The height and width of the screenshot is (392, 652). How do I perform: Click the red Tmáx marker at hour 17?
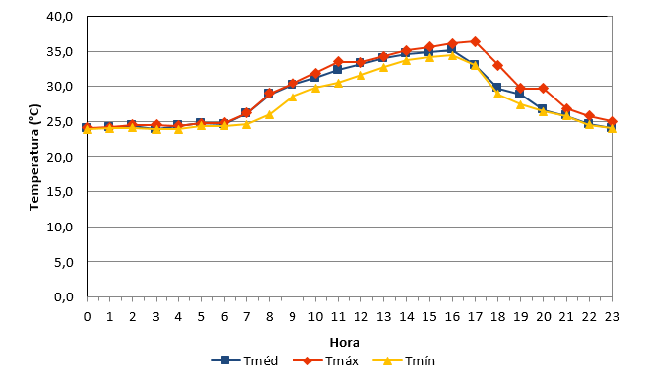[476, 41]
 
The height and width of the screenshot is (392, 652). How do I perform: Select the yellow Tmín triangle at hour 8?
[270, 114]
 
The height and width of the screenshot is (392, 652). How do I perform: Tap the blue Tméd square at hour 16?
[452, 49]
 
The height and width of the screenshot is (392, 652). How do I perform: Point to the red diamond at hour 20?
[543, 88]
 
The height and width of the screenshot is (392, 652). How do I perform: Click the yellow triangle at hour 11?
[338, 83]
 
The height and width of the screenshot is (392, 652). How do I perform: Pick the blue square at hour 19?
[520, 94]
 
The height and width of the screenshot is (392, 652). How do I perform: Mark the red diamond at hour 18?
[497, 65]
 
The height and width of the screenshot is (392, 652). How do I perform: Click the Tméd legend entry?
[244, 360]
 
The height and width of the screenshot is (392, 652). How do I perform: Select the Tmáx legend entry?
[325, 360]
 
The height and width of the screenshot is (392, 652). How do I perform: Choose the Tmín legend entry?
[404, 360]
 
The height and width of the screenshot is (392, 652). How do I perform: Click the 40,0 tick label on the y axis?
[59, 17]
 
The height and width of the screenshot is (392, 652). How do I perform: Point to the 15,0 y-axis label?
[59, 192]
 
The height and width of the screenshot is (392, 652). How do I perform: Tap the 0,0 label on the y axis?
[64, 297]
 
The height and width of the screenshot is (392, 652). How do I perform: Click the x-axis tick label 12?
[360, 317]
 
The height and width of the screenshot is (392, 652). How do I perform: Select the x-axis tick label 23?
[612, 317]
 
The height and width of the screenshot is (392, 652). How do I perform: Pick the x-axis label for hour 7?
[246, 317]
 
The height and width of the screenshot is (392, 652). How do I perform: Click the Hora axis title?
[345, 343]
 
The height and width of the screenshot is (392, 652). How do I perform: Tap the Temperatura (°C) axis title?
[34, 158]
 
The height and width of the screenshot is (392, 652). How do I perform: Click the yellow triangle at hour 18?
[497, 94]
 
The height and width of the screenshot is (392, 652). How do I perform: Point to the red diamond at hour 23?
[612, 122]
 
